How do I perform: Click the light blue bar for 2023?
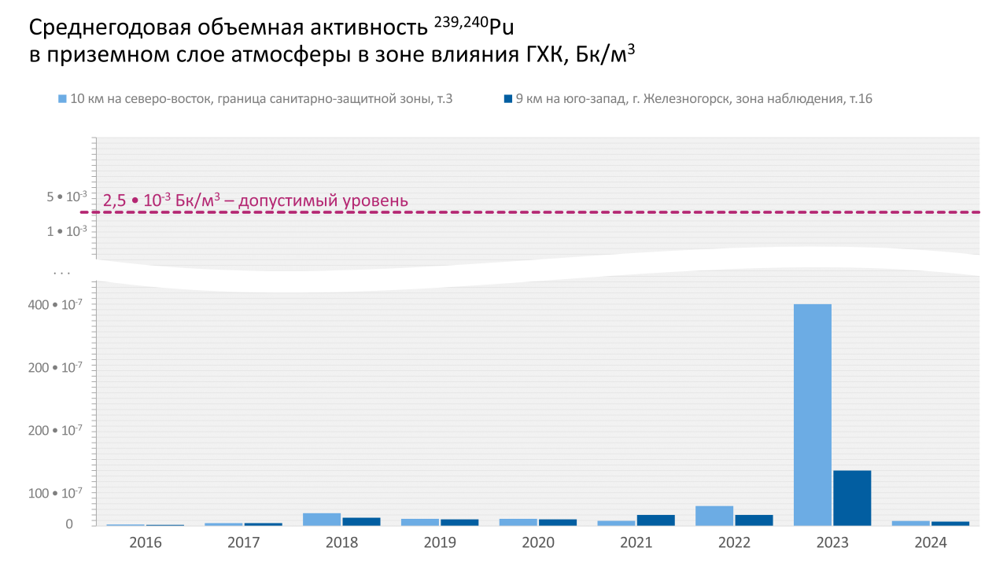click(813, 414)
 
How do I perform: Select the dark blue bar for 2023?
click(852, 498)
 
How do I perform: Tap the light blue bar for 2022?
click(714, 516)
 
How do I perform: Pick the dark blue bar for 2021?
click(655, 520)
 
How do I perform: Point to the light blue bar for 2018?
click(322, 519)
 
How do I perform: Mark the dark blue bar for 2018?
click(361, 521)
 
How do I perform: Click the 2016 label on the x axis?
click(146, 542)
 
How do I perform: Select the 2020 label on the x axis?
click(538, 542)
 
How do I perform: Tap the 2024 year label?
click(931, 542)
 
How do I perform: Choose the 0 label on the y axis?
click(69, 524)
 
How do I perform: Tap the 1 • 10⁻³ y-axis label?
click(66, 231)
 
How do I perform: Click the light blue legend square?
click(62, 99)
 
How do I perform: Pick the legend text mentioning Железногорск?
click(693, 99)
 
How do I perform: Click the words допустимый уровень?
click(323, 200)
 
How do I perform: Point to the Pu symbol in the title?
click(500, 29)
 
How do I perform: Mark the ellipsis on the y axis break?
click(62, 273)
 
